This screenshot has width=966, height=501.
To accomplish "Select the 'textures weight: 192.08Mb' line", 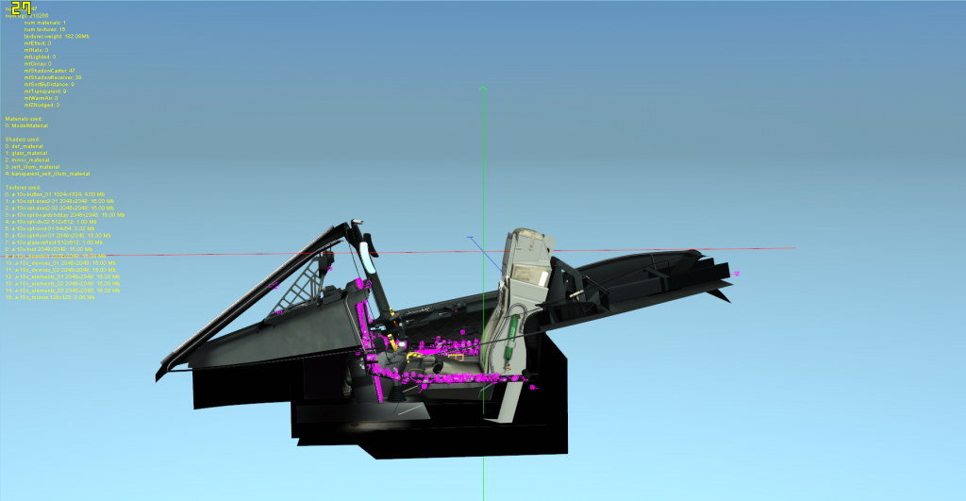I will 57,36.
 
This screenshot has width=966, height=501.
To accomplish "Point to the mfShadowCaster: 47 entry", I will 53,71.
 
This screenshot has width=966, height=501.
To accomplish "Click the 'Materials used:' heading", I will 23,119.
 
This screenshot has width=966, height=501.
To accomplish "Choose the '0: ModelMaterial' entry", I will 27,125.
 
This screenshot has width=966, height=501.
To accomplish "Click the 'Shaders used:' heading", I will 22,139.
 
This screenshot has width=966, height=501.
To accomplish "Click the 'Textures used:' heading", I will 23,187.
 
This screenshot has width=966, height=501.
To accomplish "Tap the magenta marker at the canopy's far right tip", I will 736,273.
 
